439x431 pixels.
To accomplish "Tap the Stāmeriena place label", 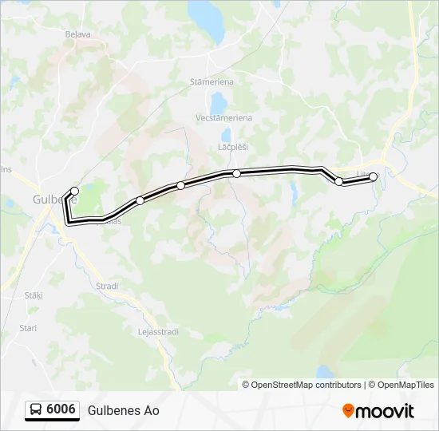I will (x=212, y=81).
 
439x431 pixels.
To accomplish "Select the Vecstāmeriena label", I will (x=223, y=117).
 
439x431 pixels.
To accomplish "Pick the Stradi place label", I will (x=107, y=286).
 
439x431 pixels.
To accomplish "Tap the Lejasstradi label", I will (x=155, y=331).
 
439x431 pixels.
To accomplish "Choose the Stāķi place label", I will (x=33, y=295).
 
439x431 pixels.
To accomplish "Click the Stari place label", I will (x=28, y=328).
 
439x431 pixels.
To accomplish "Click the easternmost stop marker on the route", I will (x=373, y=177).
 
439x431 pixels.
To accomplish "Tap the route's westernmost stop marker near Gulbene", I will (x=74, y=191).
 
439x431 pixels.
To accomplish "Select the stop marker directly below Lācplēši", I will (x=236, y=173).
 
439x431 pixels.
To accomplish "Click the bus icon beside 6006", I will (x=37, y=410).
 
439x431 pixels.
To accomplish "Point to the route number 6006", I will (x=61, y=410).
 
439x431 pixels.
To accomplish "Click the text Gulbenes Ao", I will (x=124, y=411).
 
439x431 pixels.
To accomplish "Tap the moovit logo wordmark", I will (x=385, y=411).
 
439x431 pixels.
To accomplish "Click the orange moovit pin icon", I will (x=348, y=411).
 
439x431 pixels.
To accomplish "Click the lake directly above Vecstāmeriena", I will (x=218, y=102).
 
